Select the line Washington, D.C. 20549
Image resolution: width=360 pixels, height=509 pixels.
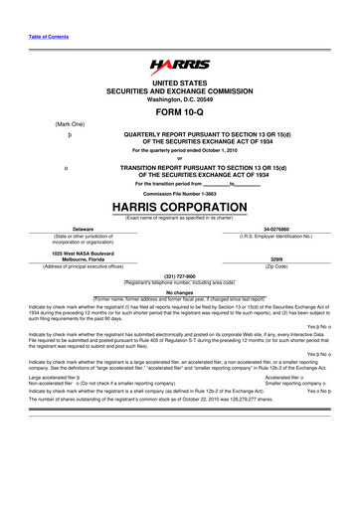tap(179, 99)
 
